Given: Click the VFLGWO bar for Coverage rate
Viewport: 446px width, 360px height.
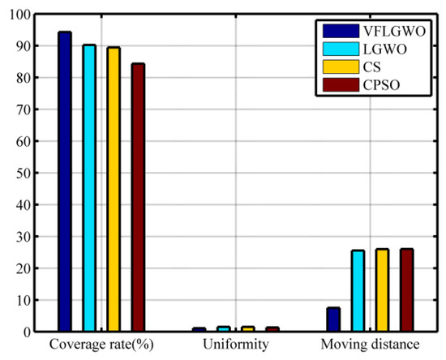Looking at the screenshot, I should [65, 182].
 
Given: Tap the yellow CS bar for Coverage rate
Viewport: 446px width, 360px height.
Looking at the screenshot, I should [114, 189].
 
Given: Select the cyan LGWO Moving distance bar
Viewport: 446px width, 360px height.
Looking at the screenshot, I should [358, 291].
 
